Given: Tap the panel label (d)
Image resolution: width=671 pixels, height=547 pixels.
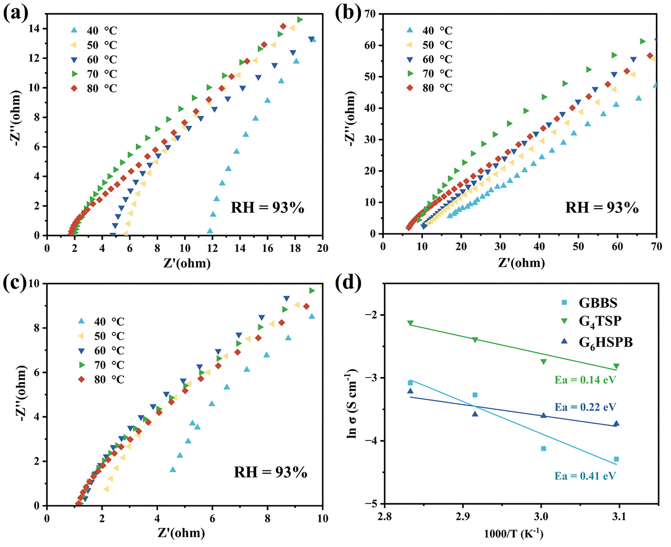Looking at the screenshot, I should [x=348, y=283].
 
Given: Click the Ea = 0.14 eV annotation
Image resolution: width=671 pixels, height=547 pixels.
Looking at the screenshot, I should [x=585, y=380].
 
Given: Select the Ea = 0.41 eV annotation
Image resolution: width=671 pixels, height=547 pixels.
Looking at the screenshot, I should [x=585, y=476].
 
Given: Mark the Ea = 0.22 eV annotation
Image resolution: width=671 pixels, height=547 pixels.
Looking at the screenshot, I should [x=585, y=407].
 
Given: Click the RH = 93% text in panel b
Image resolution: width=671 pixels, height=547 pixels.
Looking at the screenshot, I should [x=602, y=208].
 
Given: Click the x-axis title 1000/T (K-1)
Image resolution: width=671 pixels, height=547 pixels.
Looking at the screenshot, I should [x=514, y=534].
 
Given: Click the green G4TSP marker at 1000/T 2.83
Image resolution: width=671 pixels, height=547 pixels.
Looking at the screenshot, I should [x=410, y=323].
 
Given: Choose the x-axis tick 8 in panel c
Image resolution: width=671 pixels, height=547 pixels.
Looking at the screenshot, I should [x=267, y=519].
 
